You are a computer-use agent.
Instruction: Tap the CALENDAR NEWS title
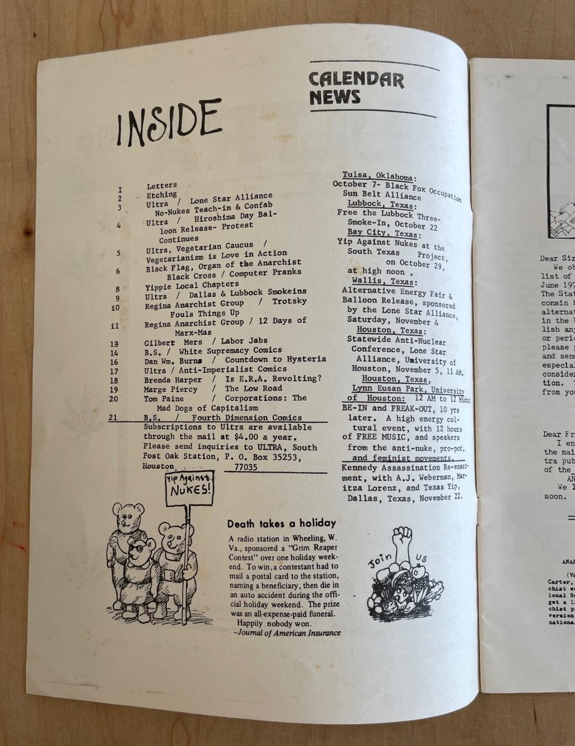pyautogui.click(x=356, y=88)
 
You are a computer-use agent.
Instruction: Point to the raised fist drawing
pyautogui.click(x=402, y=541)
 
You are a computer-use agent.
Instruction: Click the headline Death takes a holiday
pyautogui.click(x=281, y=524)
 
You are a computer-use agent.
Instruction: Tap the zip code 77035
pyautogui.click(x=246, y=467)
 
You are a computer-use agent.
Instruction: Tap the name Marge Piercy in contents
pyautogui.click(x=170, y=389)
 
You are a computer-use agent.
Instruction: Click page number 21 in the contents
pyautogui.click(x=114, y=418)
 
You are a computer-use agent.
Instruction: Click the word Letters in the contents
pyautogui.click(x=162, y=185)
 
